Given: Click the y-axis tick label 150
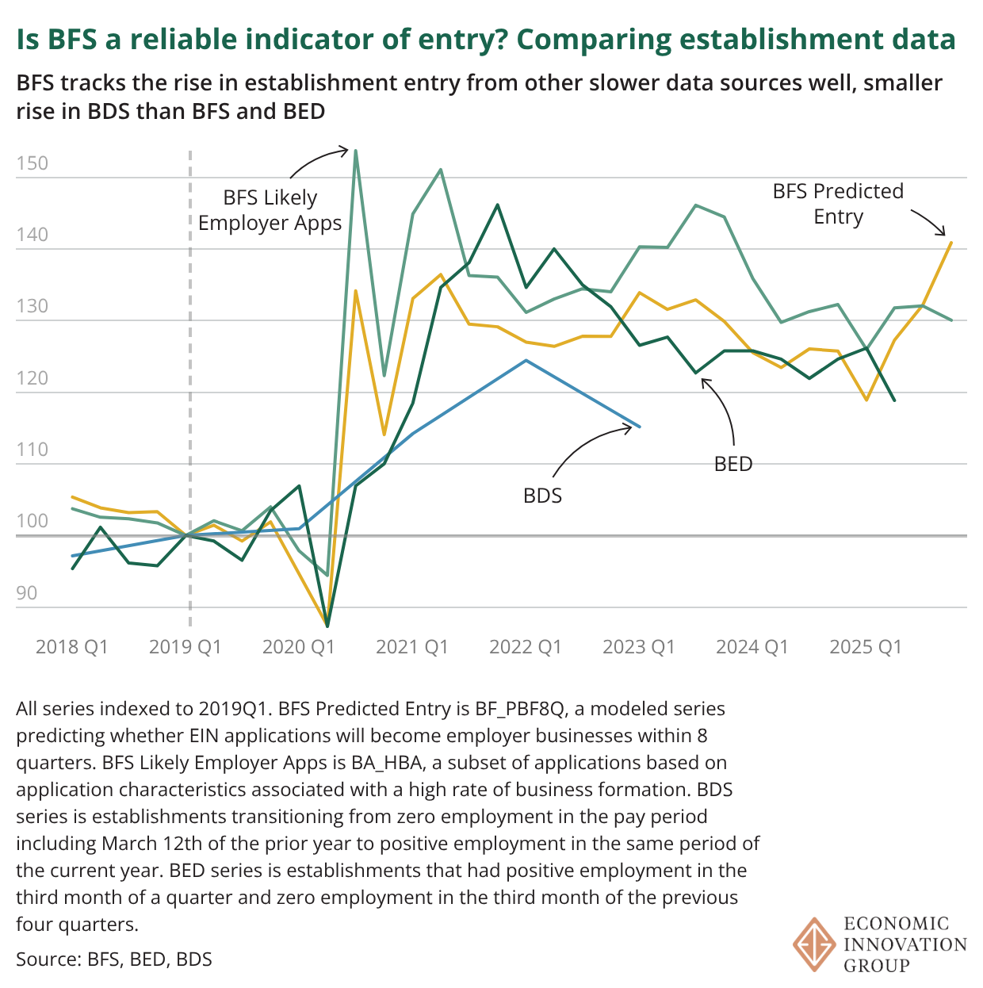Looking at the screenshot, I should pos(32,163).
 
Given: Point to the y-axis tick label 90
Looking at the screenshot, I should pos(26,593).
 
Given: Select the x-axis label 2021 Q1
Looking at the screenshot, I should pos(411,647).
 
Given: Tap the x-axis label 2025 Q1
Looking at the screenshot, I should pos(865,647).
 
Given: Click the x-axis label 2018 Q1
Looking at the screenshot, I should pos(71,647).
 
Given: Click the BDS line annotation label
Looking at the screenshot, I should pos(542,496).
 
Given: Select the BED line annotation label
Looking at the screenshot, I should pos(732,464).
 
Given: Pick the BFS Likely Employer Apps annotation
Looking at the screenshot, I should pos(270,210).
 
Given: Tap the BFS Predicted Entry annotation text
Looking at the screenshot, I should pos(838,204).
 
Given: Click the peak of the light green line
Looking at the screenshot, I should pos(355,150).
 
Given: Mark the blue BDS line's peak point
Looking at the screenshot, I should pos(526,360).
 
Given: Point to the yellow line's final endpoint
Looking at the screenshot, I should pos(950,243).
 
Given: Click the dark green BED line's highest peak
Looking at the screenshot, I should pos(497,205).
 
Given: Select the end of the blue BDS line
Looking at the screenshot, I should pos(639,427).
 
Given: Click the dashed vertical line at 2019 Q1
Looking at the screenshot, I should pos(189,396).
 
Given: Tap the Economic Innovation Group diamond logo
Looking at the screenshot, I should pos(814,944).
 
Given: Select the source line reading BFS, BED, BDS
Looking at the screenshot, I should pos(114,959).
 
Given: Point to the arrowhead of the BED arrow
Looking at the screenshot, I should pos(702,379).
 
